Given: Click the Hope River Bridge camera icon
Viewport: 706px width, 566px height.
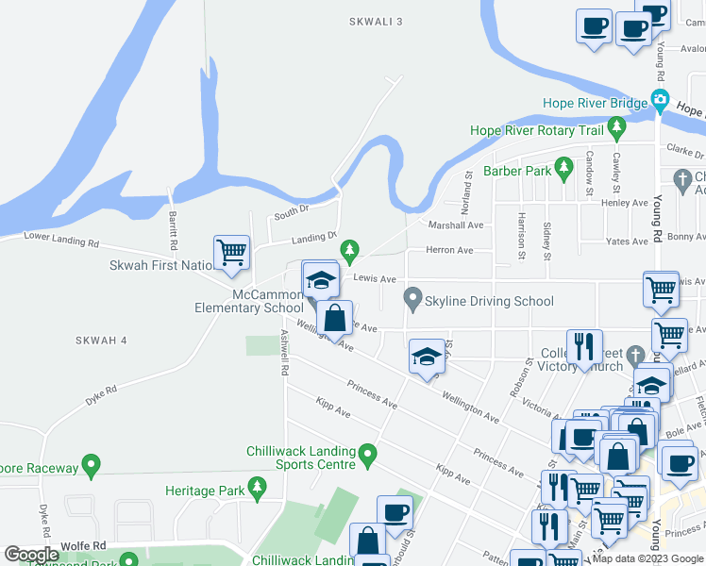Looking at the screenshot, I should pyautogui.click(x=660, y=100).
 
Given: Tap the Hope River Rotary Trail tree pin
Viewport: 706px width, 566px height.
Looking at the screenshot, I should pyautogui.click(x=617, y=125).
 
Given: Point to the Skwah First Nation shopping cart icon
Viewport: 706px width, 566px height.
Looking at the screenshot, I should pyautogui.click(x=231, y=253).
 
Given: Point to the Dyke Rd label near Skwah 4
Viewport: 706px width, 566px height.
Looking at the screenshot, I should pyautogui.click(x=101, y=389).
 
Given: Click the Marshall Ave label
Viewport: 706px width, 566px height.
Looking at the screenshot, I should pyautogui.click(x=456, y=225).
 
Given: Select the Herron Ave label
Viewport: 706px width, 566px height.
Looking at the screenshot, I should pyautogui.click(x=450, y=250).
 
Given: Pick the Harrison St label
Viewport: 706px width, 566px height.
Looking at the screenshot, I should pyautogui.click(x=520, y=237).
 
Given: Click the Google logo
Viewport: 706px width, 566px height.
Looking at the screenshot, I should pyautogui.click(x=31, y=555).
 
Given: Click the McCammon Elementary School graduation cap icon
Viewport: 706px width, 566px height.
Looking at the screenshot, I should pyautogui.click(x=321, y=279).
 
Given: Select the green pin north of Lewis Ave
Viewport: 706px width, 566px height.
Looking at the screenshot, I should pyautogui.click(x=350, y=249).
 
